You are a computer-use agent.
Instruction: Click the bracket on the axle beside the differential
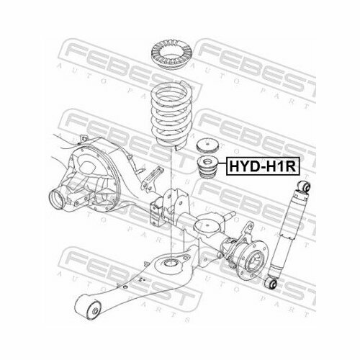point(157,209)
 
